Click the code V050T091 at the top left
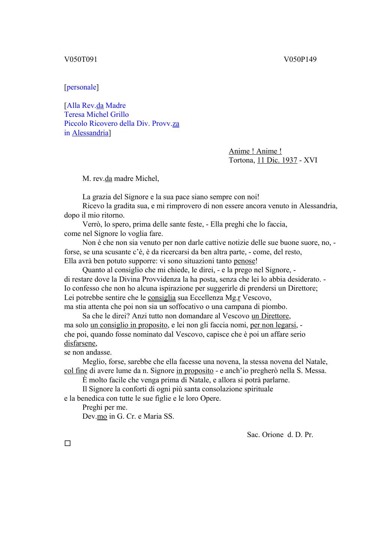81,60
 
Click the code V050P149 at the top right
300,60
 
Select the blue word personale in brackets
81,87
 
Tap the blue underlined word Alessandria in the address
90,133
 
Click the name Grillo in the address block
119,115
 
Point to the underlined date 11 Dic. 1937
277,160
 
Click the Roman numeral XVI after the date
310,160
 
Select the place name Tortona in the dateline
241,160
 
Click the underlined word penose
244,261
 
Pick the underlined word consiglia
162,298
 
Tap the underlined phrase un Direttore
271,316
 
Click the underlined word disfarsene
80,343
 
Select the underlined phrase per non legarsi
274,325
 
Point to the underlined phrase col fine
76,371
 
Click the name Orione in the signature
273,435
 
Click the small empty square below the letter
67,443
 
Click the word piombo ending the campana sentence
275,307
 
